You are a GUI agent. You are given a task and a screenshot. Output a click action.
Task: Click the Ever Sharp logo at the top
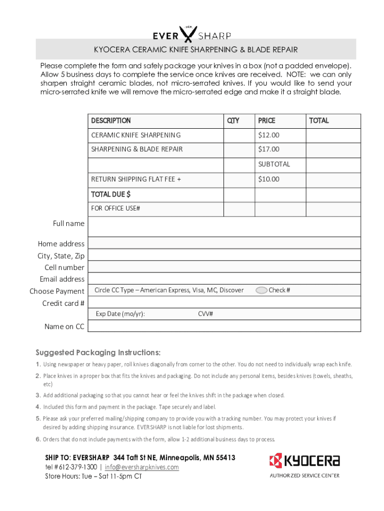click(192, 33)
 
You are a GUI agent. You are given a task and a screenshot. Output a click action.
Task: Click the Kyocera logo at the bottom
click(304, 461)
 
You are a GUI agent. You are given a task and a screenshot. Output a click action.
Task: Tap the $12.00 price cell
click(269, 135)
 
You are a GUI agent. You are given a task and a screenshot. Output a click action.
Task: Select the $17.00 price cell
click(269, 149)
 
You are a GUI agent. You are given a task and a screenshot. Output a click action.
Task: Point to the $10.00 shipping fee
click(269, 179)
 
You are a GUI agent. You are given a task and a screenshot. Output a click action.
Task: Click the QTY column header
click(233, 121)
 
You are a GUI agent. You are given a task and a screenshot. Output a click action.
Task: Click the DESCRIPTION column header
click(111, 121)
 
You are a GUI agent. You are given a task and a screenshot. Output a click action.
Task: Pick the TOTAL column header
click(319, 121)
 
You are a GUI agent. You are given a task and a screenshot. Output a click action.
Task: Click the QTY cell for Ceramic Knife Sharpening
click(239, 135)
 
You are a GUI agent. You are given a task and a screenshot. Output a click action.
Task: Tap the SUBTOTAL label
click(274, 164)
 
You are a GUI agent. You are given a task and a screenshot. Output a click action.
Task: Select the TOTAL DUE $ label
click(111, 194)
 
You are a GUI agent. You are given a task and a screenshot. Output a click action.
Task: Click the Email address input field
click(224, 279)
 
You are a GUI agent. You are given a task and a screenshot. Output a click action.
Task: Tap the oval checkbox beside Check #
click(261, 290)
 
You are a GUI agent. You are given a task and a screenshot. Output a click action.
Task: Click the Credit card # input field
click(224, 302)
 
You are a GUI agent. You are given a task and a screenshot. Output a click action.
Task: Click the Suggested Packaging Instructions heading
click(98, 352)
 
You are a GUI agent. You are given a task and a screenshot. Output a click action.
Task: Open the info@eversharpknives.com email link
click(142, 467)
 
